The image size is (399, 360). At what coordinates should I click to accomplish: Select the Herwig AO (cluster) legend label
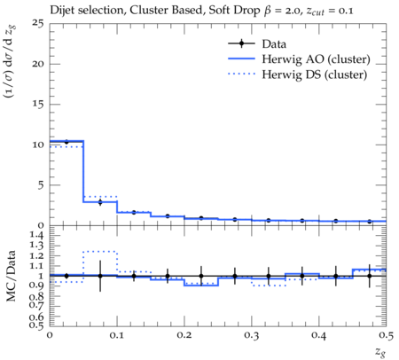click(x=316, y=59)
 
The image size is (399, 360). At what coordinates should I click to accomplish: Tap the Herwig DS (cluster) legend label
click(x=315, y=74)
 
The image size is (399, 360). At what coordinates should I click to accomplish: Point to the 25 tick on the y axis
click(x=37, y=23)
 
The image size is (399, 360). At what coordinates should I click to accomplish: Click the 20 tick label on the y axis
click(x=37, y=64)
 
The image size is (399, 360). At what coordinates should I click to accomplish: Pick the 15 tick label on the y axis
click(x=37, y=105)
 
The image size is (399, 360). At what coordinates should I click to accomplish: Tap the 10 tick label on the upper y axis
click(x=37, y=145)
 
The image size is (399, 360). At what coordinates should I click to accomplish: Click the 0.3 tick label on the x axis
click(x=252, y=335)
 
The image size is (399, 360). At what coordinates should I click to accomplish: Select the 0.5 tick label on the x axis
click(x=386, y=335)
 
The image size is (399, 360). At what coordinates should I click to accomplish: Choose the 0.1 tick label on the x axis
click(x=117, y=335)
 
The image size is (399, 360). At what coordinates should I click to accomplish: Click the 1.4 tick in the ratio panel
click(x=36, y=235)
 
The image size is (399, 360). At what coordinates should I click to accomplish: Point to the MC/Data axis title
click(x=11, y=276)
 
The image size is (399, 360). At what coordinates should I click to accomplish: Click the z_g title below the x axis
click(x=380, y=352)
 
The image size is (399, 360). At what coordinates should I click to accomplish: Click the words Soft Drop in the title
click(x=234, y=10)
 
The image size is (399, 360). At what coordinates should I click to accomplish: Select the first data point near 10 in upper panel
click(x=66, y=142)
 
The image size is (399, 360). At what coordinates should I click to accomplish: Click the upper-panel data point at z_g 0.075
click(x=100, y=202)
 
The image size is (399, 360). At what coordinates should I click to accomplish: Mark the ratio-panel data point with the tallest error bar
click(x=100, y=276)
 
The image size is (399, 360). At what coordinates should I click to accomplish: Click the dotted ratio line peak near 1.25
click(x=100, y=252)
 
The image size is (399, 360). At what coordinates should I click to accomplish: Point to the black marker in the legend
click(x=241, y=43)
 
